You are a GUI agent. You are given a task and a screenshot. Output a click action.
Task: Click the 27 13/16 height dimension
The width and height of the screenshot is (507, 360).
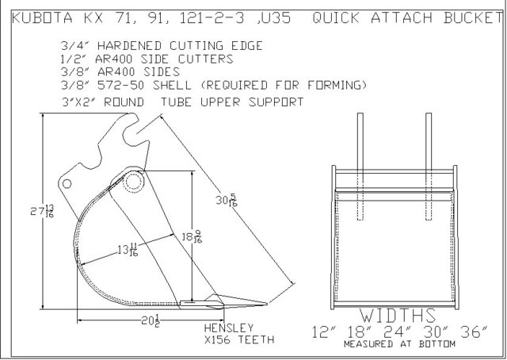[x=42, y=212]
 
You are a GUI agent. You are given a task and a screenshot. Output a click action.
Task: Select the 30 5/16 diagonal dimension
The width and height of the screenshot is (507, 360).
[x=227, y=201]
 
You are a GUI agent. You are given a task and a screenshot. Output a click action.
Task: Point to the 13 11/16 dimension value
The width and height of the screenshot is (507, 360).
[x=128, y=250]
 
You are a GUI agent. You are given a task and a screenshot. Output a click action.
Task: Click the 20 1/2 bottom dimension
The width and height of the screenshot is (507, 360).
[x=151, y=320]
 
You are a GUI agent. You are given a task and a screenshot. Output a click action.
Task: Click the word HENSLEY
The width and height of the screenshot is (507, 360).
[x=229, y=328]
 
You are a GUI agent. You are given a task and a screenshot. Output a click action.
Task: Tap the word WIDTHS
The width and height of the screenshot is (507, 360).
[x=398, y=316]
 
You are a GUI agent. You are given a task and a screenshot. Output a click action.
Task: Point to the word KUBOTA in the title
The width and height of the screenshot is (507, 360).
[x=42, y=17]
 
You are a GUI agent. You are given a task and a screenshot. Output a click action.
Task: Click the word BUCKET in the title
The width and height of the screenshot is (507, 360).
[x=473, y=17]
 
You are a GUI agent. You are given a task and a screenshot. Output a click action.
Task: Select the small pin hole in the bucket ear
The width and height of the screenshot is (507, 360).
[x=67, y=184]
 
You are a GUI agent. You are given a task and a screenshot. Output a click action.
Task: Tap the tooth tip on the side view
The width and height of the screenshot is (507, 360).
[x=267, y=304]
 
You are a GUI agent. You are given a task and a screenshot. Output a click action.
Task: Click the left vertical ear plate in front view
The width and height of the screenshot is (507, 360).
[x=360, y=167]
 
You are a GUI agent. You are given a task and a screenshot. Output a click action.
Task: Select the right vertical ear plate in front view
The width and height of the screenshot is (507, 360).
[x=429, y=167]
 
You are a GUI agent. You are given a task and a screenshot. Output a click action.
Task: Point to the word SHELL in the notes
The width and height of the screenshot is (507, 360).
[x=172, y=85]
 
